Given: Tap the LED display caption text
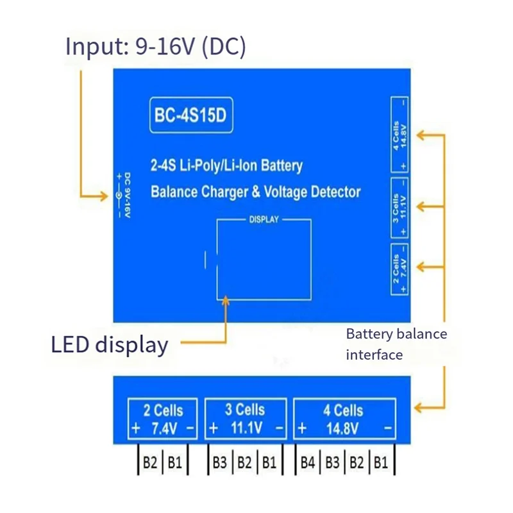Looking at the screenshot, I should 110,344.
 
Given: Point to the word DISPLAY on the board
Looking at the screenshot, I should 264,220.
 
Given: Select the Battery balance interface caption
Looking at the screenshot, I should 396,344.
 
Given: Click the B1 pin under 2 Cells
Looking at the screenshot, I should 174,462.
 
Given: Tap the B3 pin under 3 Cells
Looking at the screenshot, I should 220,462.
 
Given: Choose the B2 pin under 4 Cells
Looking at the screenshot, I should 357,462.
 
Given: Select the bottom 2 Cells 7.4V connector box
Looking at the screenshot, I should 163,417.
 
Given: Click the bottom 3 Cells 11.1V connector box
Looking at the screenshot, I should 246,417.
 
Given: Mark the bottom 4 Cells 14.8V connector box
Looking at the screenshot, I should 344,417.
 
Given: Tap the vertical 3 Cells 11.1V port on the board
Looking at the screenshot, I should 399,206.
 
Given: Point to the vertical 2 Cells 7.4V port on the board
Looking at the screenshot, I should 399,269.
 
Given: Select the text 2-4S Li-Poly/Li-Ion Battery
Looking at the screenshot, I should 226,166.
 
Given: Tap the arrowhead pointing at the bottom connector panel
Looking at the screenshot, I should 419,407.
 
